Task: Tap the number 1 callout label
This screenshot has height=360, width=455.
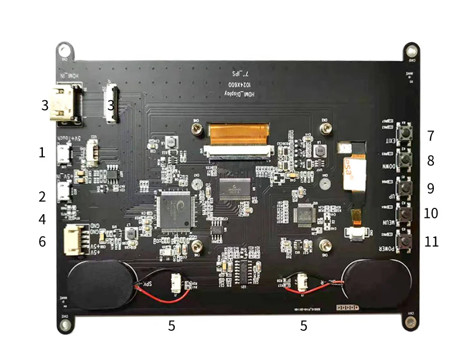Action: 42,153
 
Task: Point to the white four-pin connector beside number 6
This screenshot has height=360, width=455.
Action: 74,239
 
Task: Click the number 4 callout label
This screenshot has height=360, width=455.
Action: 42,219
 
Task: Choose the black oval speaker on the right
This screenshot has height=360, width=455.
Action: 374,284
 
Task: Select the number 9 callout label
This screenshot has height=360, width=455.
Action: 431,189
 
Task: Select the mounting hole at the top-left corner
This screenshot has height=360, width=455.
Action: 64,50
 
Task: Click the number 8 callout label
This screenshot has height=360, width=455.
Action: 431,161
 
